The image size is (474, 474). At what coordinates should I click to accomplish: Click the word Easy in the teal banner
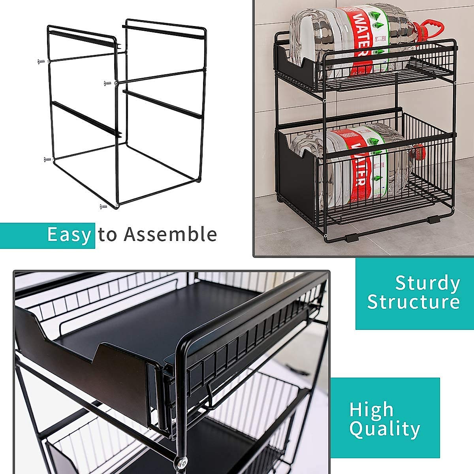(69, 235)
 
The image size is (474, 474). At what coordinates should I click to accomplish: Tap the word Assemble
(170, 234)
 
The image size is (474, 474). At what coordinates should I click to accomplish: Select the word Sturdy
(427, 284)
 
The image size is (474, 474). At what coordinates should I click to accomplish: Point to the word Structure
(414, 302)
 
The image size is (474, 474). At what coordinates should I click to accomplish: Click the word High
(371, 410)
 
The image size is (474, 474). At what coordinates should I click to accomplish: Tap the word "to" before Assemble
(108, 235)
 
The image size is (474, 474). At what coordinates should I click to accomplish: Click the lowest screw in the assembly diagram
(104, 206)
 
